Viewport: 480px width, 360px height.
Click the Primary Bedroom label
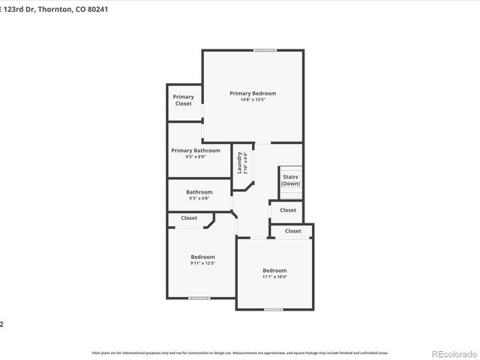coord(253,93)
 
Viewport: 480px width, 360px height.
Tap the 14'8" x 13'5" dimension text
coord(253,100)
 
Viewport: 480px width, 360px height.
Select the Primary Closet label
coord(184,100)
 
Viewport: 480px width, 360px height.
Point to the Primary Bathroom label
coord(196,150)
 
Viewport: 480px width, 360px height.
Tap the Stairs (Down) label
coord(290,180)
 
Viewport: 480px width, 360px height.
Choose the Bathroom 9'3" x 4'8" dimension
coord(199,198)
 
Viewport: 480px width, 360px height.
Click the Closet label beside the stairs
coord(288,210)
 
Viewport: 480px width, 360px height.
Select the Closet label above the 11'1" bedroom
coord(293,231)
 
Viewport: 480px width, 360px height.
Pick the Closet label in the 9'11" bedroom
coord(189,218)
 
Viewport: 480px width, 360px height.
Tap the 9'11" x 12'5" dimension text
coord(202,263)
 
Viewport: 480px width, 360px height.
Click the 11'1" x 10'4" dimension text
coord(274,277)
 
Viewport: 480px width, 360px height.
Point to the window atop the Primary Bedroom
coord(264,50)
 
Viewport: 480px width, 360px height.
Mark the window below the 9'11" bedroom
coord(199,298)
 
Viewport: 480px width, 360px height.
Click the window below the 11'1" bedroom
coord(274,309)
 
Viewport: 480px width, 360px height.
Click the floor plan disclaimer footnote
coord(240,352)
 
